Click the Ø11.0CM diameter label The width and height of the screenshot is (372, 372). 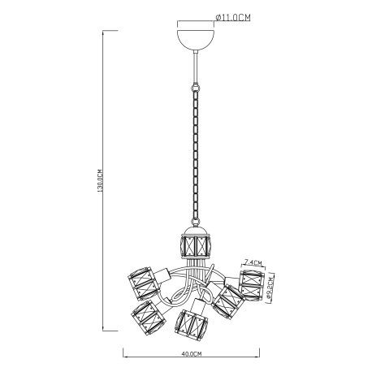[x=233, y=18]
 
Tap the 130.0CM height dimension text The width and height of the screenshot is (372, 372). [x=100, y=180]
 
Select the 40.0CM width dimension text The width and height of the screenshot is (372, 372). [x=192, y=353]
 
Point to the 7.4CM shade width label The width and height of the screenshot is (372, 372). [x=253, y=262]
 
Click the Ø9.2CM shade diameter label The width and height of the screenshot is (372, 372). [x=269, y=289]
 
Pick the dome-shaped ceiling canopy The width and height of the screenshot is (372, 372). [x=196, y=40]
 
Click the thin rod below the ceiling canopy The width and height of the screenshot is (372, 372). [x=196, y=67]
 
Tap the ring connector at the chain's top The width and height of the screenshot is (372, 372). [x=196, y=88]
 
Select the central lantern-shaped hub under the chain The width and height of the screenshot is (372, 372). [x=195, y=242]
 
